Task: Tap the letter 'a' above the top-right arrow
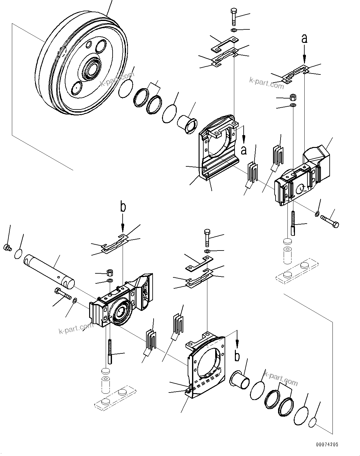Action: coord(304,39)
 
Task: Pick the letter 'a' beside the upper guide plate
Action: coord(244,150)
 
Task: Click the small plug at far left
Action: coord(7,248)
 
